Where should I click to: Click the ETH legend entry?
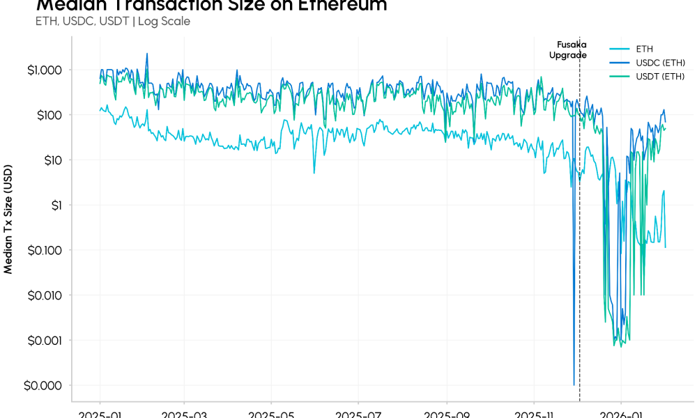click(x=643, y=49)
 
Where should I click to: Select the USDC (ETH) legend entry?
click(x=659, y=63)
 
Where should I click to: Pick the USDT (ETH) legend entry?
click(x=659, y=76)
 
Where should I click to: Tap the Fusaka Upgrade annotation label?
click(x=567, y=49)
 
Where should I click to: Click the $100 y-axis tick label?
click(x=47, y=115)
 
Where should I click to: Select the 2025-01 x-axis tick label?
click(x=100, y=414)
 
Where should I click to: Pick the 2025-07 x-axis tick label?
click(x=358, y=414)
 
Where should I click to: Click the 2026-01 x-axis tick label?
click(x=621, y=414)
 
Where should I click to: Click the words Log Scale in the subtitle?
click(x=164, y=21)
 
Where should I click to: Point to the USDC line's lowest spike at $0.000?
click(x=574, y=384)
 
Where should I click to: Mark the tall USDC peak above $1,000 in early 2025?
click(x=146, y=54)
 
